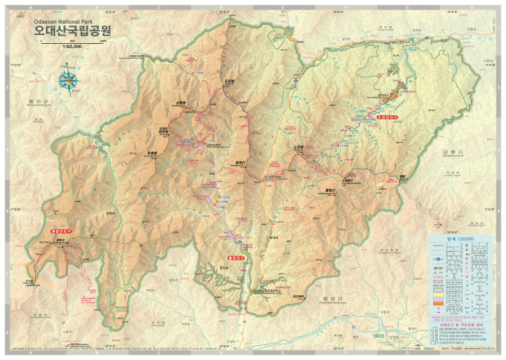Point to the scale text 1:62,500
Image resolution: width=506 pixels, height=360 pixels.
tap(74, 46)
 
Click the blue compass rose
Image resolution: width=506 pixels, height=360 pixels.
tap(67, 80)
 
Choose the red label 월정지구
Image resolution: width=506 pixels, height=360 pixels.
tap(235, 257)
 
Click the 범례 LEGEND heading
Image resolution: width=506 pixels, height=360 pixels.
tap(461, 240)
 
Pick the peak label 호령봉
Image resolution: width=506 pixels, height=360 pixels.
tap(152, 153)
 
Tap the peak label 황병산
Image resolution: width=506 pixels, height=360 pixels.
tap(329, 190)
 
